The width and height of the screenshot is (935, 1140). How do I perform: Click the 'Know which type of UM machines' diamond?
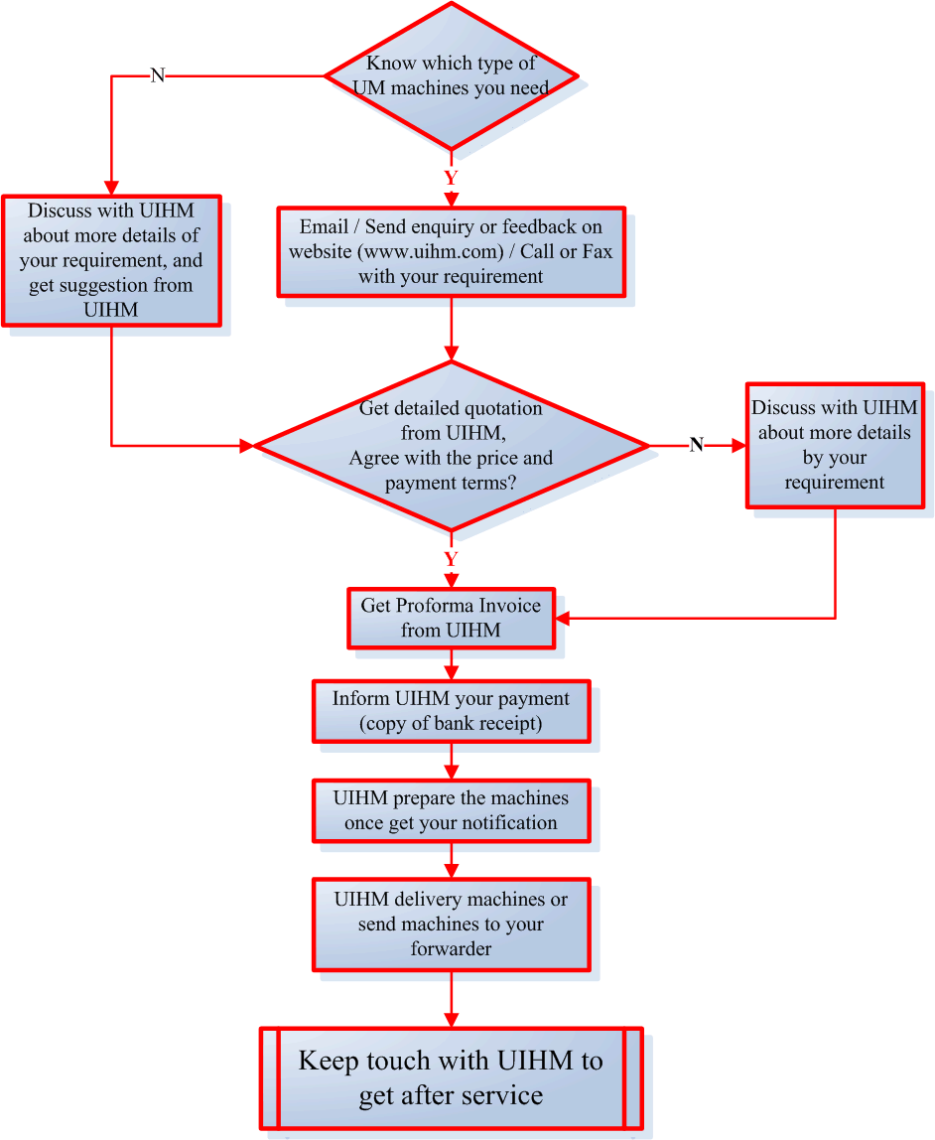pyautogui.click(x=452, y=75)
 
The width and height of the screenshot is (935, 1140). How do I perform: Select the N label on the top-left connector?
pyautogui.click(x=157, y=75)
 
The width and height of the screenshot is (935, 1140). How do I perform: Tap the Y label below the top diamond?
pyautogui.click(x=451, y=179)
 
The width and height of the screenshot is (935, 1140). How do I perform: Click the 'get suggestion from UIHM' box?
pyautogui.click(x=111, y=260)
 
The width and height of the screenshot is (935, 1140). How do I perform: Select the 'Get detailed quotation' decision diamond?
pyautogui.click(x=452, y=446)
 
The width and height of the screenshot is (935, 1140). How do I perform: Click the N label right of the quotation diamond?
pyautogui.click(x=697, y=445)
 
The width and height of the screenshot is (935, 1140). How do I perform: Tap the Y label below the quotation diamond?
pyautogui.click(x=451, y=559)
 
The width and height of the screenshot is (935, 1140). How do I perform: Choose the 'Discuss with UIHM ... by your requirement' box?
pyautogui.click(x=835, y=445)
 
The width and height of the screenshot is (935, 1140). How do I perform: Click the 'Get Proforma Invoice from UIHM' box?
pyautogui.click(x=452, y=618)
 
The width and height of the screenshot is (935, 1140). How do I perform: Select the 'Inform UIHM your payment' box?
pyautogui.click(x=452, y=711)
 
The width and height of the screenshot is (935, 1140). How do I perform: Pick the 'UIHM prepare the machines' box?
pyautogui.click(x=452, y=810)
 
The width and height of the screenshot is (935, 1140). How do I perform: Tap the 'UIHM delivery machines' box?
pyautogui.click(x=452, y=924)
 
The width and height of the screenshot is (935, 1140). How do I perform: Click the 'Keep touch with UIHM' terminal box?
pyautogui.click(x=452, y=1078)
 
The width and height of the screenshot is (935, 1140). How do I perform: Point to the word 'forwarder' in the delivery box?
pyautogui.click(x=452, y=948)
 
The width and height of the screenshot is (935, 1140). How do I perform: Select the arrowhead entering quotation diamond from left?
pyautogui.click(x=247, y=446)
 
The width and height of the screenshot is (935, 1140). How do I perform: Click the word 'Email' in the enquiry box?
pyautogui.click(x=324, y=227)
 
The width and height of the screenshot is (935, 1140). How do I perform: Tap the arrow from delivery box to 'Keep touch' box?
pyautogui.click(x=452, y=998)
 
